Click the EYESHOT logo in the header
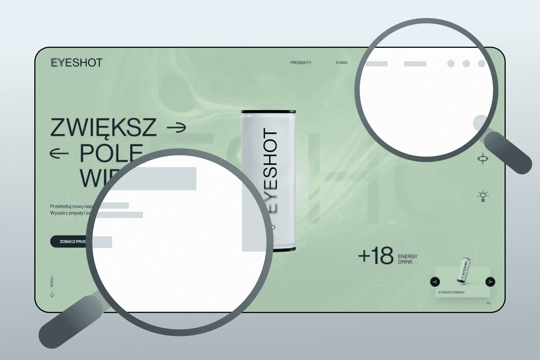tap(76, 62)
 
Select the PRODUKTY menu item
tap(301, 62)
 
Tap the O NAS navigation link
tap(341, 62)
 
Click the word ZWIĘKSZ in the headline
tap(103, 127)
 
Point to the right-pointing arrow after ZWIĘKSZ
tap(176, 127)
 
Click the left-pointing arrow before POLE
tap(59, 153)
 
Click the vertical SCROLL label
tap(52, 281)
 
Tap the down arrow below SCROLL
tap(52, 294)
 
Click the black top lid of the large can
tap(268, 112)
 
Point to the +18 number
tap(376, 256)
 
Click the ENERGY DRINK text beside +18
tap(407, 259)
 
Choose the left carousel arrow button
tap(435, 282)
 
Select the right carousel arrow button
tap(490, 282)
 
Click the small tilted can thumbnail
tap(463, 269)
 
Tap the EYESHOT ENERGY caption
tap(451, 292)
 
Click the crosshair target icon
tap(483, 159)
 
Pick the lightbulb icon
tap(483, 196)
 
